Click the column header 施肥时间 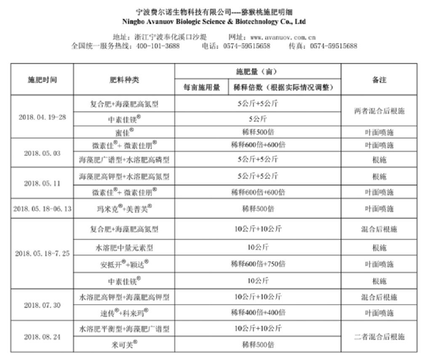coord(42,79)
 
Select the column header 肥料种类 coord(124,79)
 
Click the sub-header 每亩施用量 coord(202,87)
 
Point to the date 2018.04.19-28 coord(42,117)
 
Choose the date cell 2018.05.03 coord(42,153)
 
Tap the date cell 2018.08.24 coord(42,337)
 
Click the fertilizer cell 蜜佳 coord(125,132)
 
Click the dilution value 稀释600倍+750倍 coord(258,265)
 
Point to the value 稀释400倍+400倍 coord(258,313)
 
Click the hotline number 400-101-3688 coord(157,46)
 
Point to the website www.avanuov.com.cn coord(283,37)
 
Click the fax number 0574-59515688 coord(333,46)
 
